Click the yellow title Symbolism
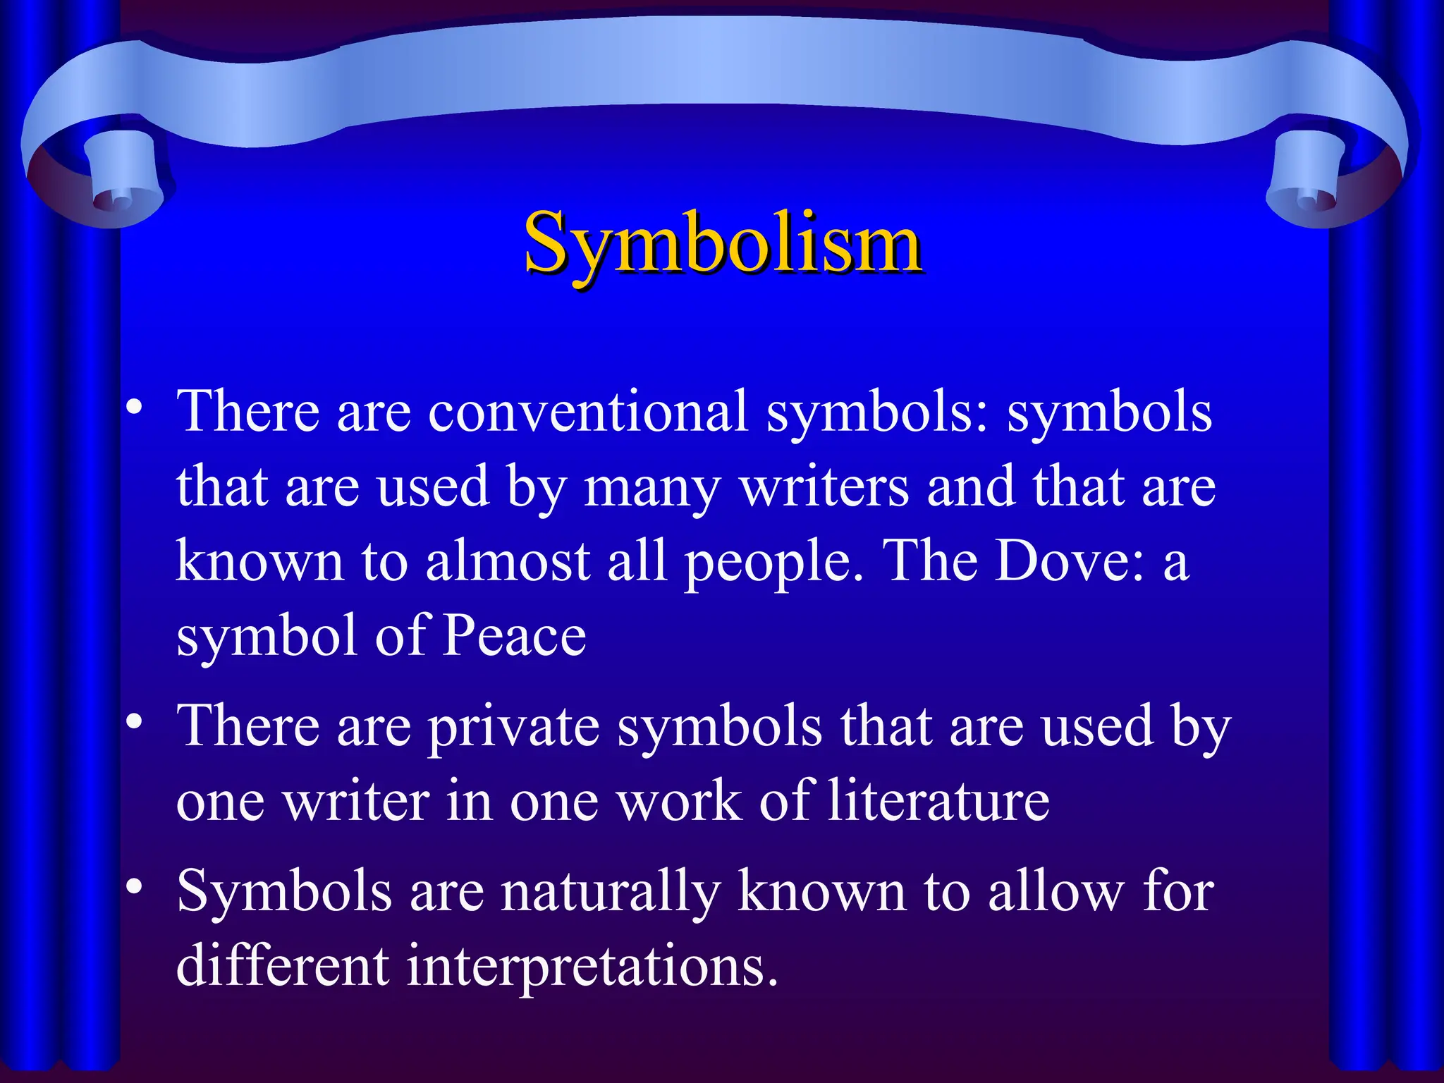point(722,243)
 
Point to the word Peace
point(515,635)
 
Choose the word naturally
point(611,892)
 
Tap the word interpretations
point(592,967)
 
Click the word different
point(283,965)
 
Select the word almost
point(508,561)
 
